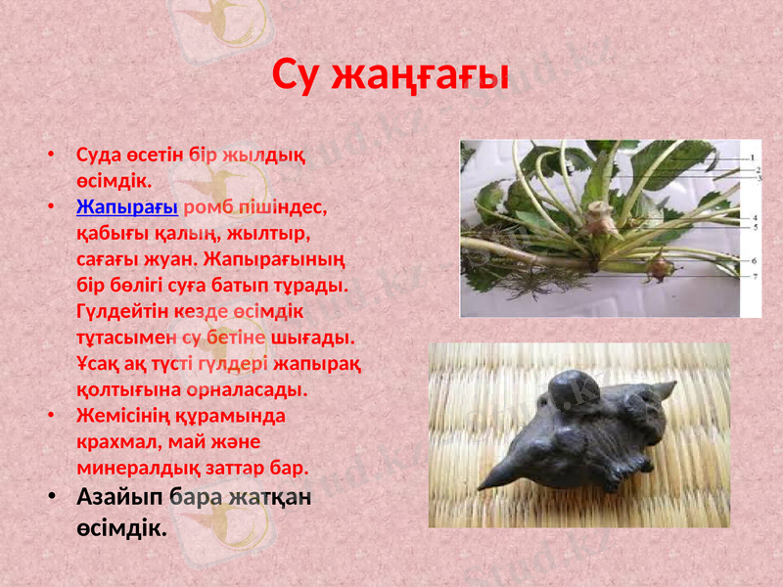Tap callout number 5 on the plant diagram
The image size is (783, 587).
point(755,227)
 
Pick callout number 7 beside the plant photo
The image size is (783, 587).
point(755,278)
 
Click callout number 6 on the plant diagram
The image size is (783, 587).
point(755,261)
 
